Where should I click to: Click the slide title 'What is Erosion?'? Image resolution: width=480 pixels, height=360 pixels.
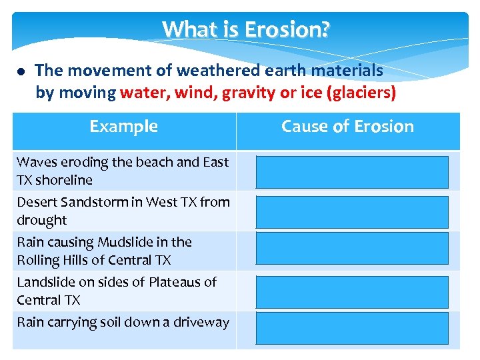click(x=245, y=30)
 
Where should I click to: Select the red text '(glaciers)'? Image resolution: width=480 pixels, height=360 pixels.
click(x=363, y=93)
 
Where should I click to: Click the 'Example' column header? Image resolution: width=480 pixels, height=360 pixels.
click(x=123, y=127)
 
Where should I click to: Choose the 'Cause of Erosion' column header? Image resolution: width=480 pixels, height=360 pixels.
click(x=347, y=127)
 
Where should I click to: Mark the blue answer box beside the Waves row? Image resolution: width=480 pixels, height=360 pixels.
click(x=352, y=172)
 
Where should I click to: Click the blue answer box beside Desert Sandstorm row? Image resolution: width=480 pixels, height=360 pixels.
click(x=352, y=212)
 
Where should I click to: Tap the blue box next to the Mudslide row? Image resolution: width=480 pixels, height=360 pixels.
click(x=352, y=249)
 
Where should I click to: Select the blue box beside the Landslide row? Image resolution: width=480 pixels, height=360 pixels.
click(x=352, y=292)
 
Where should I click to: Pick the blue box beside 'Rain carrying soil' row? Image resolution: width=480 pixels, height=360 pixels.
click(x=352, y=328)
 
